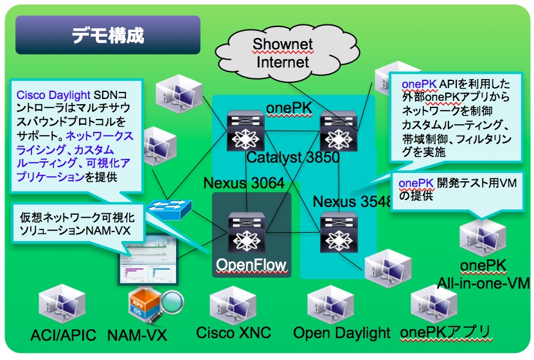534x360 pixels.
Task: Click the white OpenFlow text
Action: (x=251, y=264)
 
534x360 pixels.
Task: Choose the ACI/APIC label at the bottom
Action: (x=63, y=335)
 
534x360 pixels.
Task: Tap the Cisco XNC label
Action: (x=233, y=333)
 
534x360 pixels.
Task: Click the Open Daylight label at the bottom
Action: (x=342, y=333)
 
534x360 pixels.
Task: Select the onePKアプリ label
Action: (x=445, y=332)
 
